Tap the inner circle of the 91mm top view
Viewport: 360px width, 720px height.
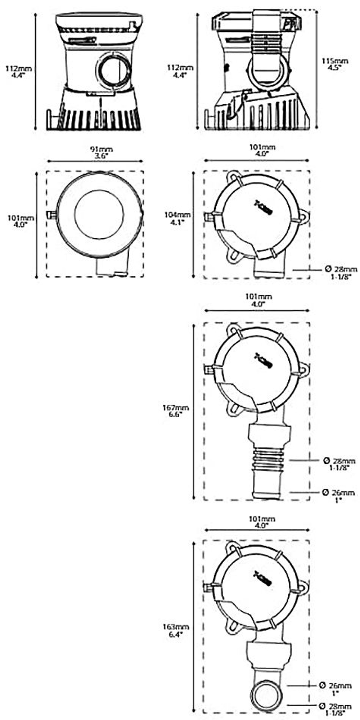[99, 214]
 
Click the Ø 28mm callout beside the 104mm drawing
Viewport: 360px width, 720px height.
[341, 273]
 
